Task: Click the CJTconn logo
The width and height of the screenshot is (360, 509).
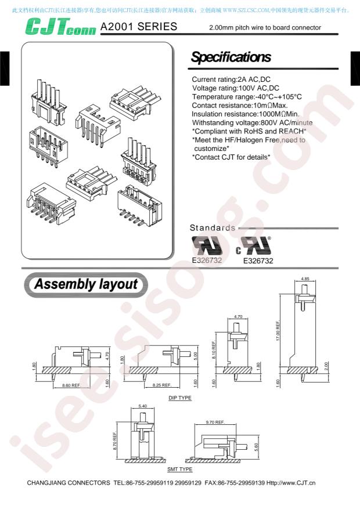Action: tap(61, 26)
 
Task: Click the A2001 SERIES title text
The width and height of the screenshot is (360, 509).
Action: tap(139, 26)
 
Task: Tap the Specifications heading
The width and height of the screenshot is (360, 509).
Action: tap(231, 57)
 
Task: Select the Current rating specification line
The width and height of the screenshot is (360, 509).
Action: tap(231, 80)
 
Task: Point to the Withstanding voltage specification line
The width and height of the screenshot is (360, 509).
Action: tap(252, 122)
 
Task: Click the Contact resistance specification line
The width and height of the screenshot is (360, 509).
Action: tap(240, 106)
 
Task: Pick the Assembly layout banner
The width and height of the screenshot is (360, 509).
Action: tap(86, 284)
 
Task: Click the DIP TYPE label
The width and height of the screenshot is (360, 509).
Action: tap(180, 398)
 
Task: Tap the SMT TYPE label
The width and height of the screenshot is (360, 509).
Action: tap(180, 469)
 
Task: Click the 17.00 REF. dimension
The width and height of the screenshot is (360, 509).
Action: tap(278, 331)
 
